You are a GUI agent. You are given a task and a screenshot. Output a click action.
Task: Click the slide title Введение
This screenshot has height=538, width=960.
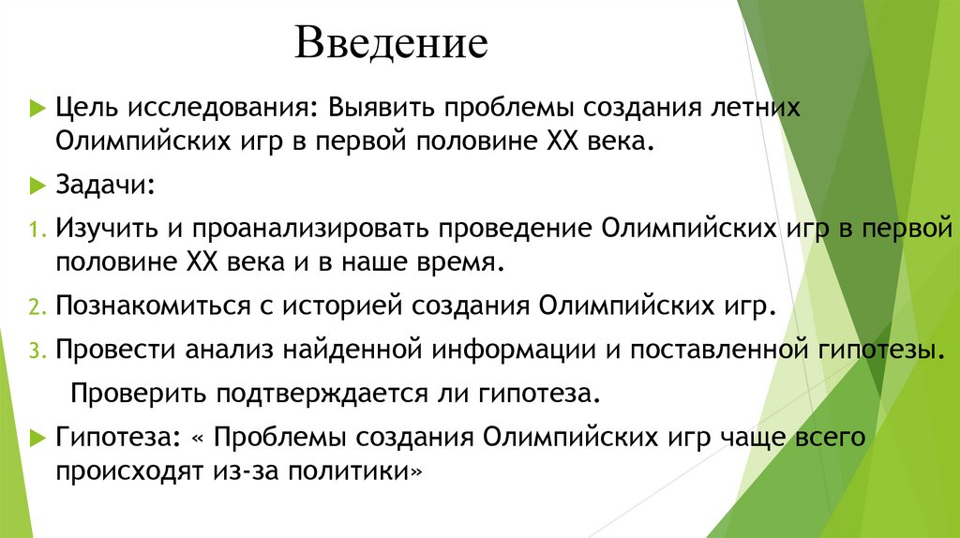[391, 44]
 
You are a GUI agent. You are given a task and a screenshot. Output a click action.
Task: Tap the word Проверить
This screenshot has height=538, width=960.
[134, 392]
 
